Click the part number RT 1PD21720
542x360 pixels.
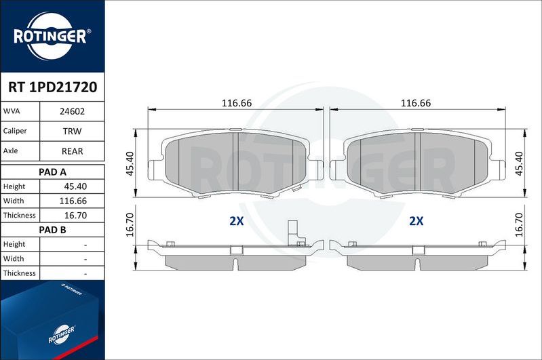click(52, 87)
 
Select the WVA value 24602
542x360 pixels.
click(72, 111)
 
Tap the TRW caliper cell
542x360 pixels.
click(72, 131)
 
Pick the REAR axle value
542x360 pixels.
click(72, 151)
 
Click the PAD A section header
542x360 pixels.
click(52, 172)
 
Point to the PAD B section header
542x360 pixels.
click(52, 230)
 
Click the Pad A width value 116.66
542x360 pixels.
click(73, 201)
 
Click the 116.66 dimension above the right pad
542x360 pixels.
click(416, 103)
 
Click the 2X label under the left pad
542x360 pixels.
click(236, 221)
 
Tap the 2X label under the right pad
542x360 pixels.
click(416, 221)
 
